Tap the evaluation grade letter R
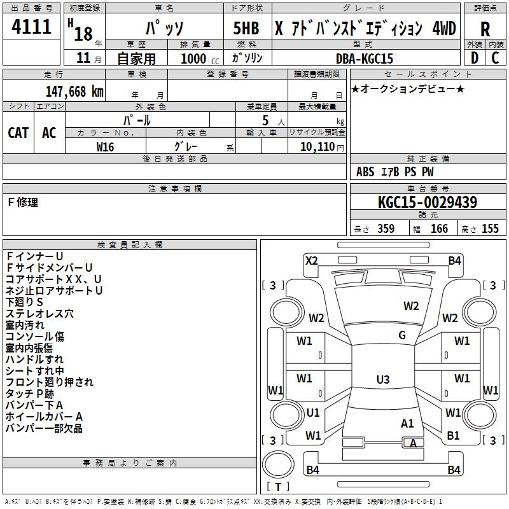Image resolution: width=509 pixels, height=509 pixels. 485,29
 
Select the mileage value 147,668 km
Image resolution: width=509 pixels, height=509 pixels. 74,91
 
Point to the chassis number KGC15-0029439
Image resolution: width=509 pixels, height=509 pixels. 428,202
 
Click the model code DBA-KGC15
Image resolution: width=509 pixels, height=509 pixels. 365,59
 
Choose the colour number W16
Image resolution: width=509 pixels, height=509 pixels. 105,146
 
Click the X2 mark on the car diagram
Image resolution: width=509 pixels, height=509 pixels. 312,260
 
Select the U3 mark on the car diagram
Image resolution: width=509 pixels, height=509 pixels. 382,380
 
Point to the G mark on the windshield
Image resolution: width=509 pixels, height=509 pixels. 402,335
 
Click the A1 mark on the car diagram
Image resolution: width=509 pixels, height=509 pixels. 407,423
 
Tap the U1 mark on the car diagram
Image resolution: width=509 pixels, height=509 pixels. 312,413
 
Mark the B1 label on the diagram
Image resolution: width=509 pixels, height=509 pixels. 454,436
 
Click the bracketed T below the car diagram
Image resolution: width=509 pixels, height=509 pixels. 277,487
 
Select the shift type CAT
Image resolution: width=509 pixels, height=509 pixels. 18,132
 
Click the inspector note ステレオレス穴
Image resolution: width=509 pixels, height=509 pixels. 39,314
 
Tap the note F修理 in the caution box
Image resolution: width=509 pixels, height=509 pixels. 23,202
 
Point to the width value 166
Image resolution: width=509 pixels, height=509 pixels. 439,229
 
